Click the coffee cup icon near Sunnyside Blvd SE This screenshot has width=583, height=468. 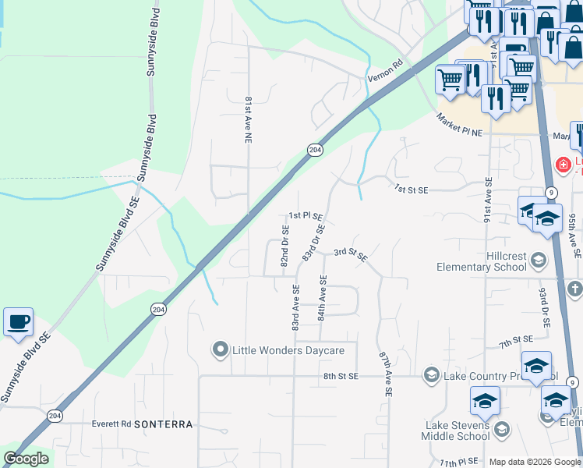pos(18,321)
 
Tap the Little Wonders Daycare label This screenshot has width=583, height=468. pos(289,350)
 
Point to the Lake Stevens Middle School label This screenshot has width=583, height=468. pos(458,431)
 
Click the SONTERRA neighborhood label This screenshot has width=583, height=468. pos(163,424)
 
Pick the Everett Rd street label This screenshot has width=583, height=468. pos(111,424)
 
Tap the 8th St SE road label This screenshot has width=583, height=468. pos(341,376)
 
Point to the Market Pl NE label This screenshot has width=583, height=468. pos(459,125)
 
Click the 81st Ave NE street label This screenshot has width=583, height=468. pos(248,121)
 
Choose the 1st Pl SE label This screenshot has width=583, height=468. pos(306,214)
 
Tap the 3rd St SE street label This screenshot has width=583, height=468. pos(350,253)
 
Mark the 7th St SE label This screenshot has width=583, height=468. pos(515,341)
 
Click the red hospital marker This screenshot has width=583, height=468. pos(561,165)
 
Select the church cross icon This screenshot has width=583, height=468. pos(574,289)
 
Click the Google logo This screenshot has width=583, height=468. pos(26,459)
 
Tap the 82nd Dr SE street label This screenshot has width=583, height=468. pos(285,246)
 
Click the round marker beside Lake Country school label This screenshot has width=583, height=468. pos(431,376)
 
